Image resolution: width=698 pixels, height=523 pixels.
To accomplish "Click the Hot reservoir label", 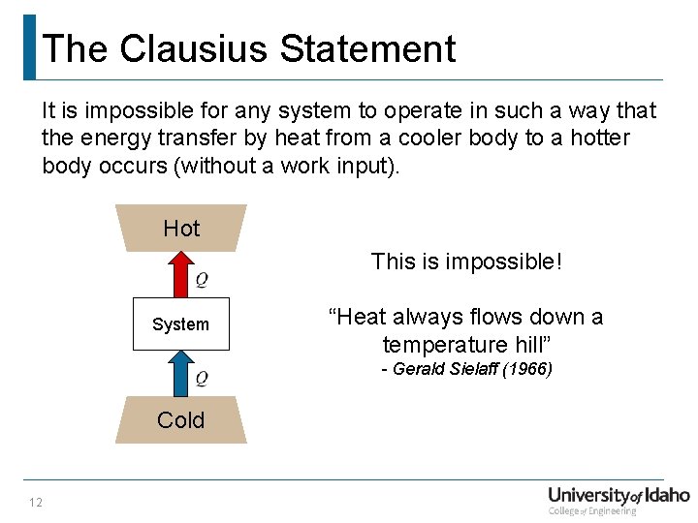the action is [x=181, y=229].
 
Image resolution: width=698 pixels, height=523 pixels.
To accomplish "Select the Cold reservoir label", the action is [x=181, y=420].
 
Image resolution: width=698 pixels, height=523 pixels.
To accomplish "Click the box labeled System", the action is [x=181, y=323].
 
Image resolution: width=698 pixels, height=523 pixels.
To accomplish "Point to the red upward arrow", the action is [x=181, y=275].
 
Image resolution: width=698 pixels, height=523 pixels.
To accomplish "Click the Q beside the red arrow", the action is [x=202, y=281].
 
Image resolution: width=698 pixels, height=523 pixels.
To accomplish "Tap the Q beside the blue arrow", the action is [x=202, y=378].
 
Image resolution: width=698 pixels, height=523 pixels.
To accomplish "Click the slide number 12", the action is [x=36, y=502].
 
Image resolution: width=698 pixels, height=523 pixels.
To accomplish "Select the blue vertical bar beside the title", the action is [x=30, y=46].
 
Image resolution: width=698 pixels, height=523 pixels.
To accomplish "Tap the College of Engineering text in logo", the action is [x=592, y=511].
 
